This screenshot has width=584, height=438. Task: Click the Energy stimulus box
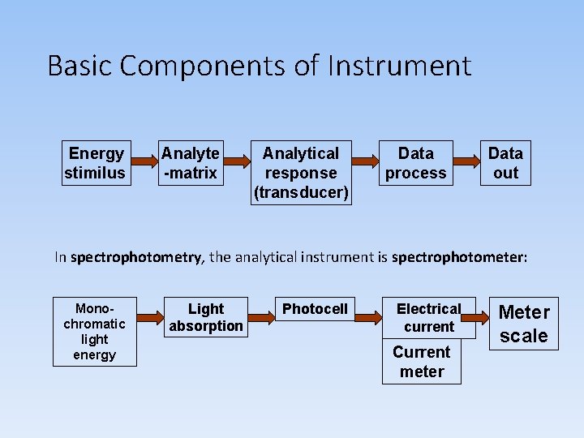[96, 163]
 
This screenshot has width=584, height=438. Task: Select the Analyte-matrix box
[191, 163]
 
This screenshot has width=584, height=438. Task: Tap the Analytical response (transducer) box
[301, 173]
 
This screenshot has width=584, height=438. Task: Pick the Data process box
[416, 163]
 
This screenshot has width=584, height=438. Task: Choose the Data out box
[505, 163]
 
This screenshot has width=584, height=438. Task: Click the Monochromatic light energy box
[95, 332]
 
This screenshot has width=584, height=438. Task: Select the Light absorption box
[206, 318]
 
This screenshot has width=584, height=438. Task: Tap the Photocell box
[315, 309]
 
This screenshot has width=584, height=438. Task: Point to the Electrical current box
[428, 318]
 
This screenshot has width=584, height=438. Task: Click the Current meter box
[422, 362]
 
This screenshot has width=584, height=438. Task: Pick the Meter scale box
[524, 324]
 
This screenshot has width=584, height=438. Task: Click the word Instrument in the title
[399, 65]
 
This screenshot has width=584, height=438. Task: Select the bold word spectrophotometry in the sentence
[136, 257]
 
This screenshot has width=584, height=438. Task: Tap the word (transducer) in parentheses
[301, 193]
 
